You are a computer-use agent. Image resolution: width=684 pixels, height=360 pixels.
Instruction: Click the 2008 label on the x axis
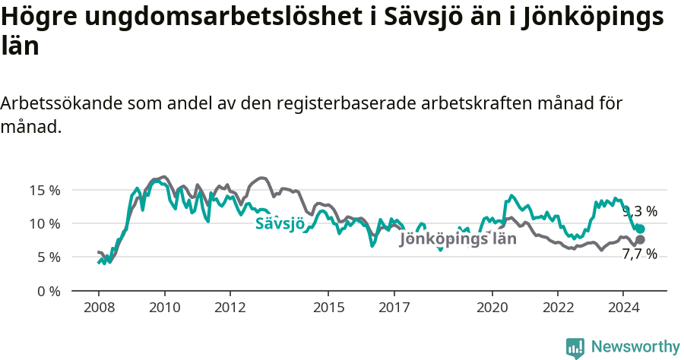(x=99, y=308)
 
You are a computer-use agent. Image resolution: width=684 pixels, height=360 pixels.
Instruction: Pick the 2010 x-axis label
(x=164, y=308)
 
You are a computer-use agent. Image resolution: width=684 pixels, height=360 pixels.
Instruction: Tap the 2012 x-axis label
(x=230, y=308)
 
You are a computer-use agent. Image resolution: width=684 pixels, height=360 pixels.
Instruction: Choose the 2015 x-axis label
(x=328, y=308)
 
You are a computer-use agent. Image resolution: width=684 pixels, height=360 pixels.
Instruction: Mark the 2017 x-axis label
(x=393, y=308)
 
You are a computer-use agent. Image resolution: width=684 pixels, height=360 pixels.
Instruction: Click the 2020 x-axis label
(x=492, y=308)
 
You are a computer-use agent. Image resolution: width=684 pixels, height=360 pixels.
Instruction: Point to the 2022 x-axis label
(x=557, y=308)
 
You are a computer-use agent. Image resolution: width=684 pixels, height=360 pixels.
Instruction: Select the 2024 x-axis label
(x=622, y=308)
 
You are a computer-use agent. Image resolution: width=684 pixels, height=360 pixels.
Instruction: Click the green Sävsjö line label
(x=280, y=223)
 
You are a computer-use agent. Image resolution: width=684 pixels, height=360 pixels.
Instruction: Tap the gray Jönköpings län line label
(x=458, y=238)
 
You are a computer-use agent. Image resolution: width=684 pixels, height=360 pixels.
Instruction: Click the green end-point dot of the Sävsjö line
(x=641, y=229)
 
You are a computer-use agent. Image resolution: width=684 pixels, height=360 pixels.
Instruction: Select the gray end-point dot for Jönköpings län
(x=641, y=239)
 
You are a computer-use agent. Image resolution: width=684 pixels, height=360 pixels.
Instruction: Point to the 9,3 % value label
(x=640, y=212)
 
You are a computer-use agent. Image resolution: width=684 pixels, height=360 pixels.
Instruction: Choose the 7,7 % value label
(x=640, y=254)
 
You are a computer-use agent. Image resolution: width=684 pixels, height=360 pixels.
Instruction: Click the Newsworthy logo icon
(x=575, y=348)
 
